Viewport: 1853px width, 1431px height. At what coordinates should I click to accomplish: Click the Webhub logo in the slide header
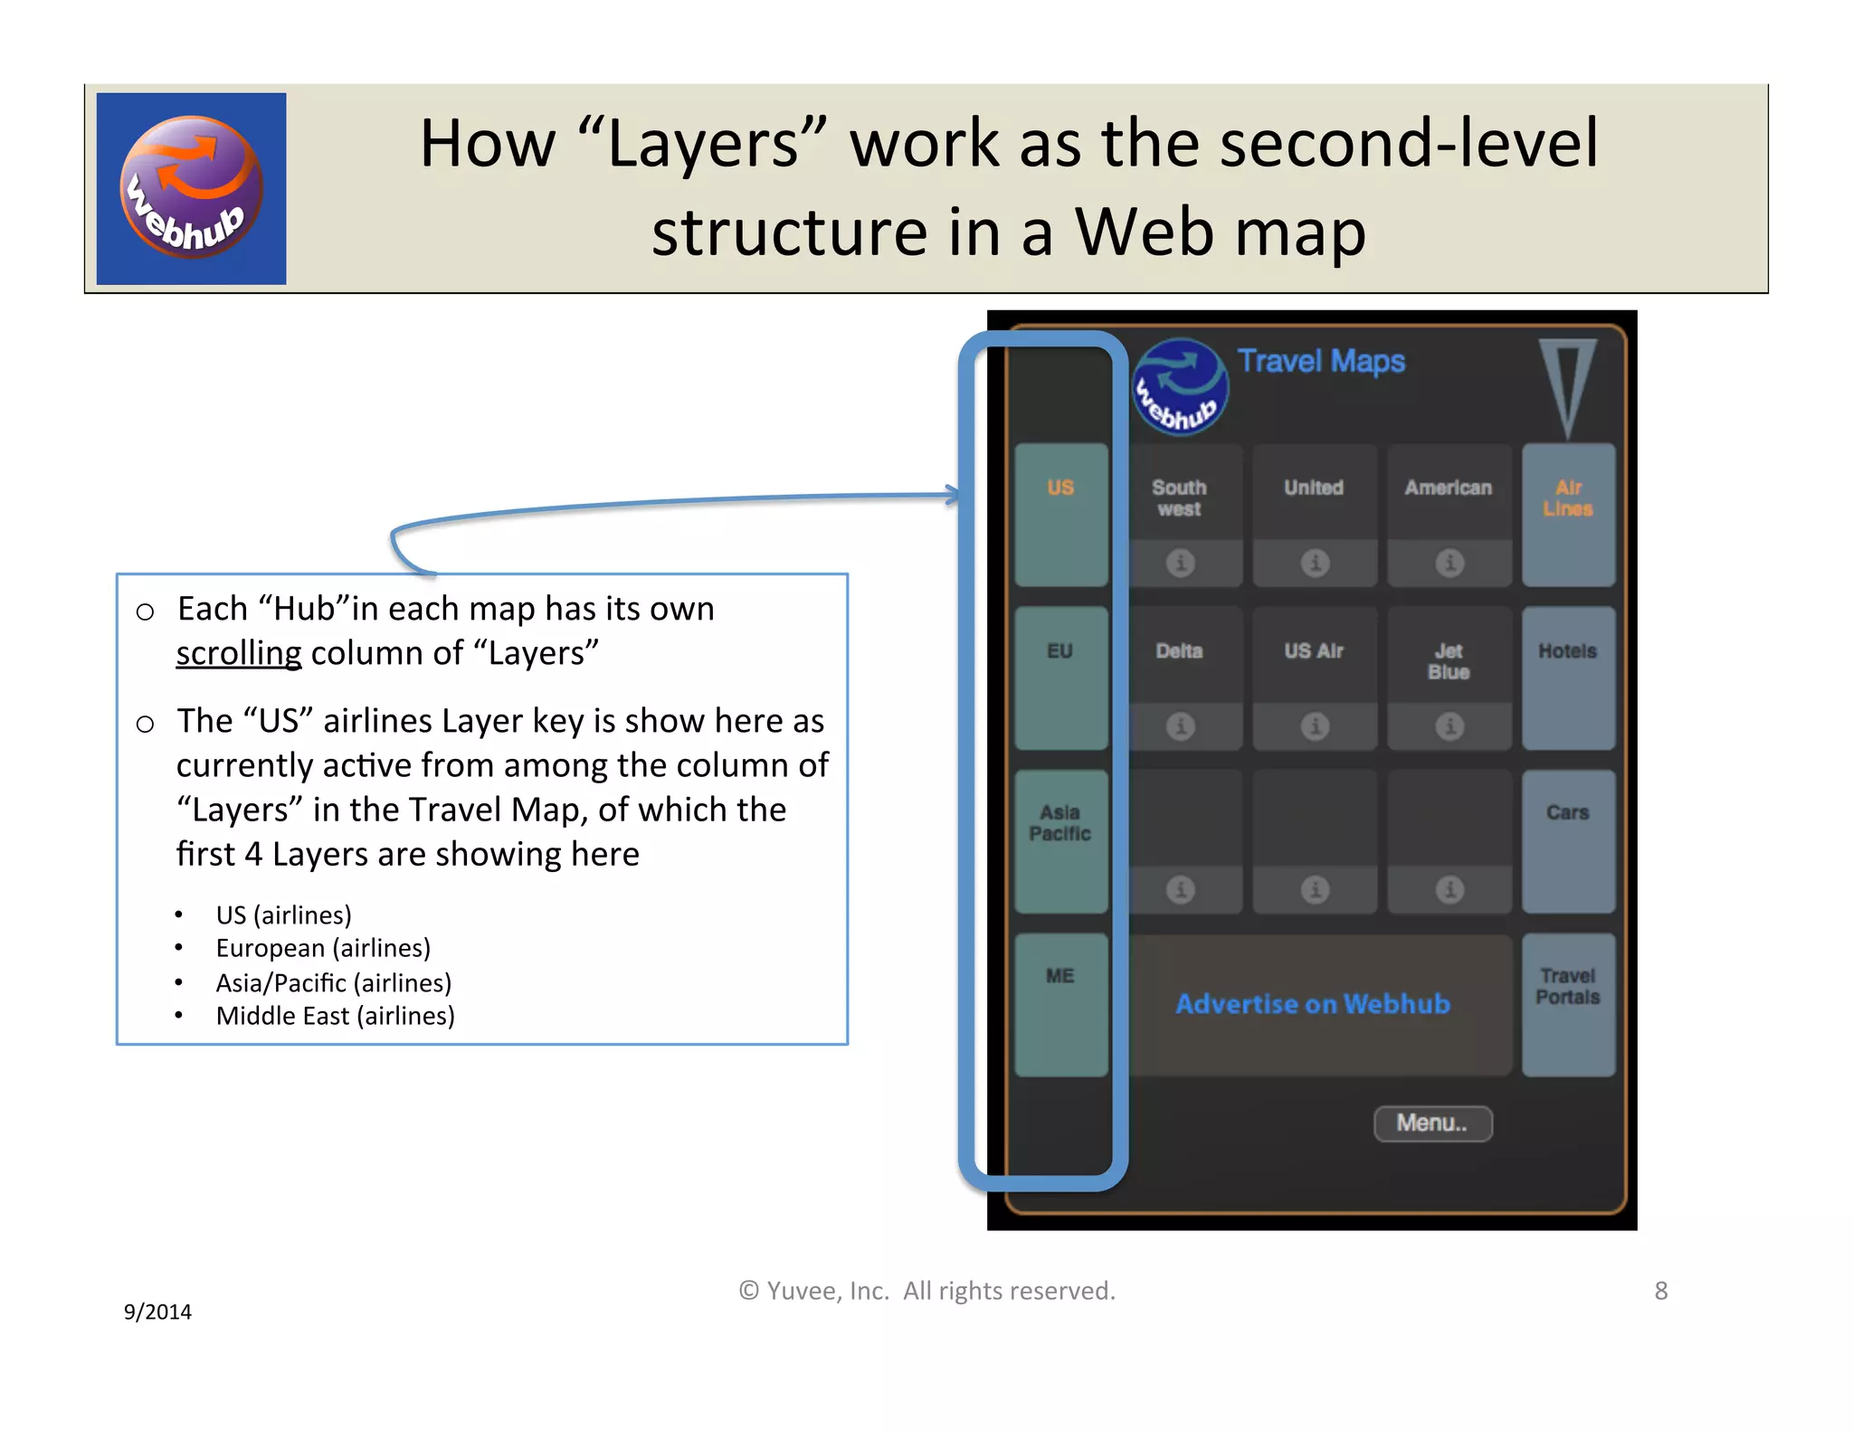[191, 188]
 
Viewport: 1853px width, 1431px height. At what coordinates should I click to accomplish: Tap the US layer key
[1060, 513]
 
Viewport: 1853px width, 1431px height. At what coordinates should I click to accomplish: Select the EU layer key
[1060, 677]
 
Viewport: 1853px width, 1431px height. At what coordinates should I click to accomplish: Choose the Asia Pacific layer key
[1060, 839]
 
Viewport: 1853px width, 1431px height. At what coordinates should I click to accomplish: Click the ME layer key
[1060, 1003]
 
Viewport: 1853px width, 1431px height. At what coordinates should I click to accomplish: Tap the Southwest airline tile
[1179, 498]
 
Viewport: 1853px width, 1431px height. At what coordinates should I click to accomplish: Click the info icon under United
[1315, 563]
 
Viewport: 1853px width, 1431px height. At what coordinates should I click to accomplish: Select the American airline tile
[1449, 493]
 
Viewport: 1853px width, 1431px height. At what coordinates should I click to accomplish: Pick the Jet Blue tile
[1449, 661]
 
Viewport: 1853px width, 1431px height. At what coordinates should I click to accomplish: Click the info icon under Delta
[1180, 726]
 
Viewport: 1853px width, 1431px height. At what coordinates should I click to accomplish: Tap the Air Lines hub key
[1567, 513]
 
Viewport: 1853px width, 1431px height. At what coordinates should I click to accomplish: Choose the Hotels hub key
[1567, 677]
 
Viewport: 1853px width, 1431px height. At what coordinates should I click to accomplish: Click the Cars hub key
[1567, 839]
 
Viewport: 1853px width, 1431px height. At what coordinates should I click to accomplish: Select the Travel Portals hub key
[1567, 1003]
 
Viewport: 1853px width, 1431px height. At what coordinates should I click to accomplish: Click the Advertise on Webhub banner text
[1312, 1004]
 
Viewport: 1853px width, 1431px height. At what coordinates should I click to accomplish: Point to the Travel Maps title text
[1321, 361]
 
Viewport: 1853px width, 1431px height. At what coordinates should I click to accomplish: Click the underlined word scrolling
[239, 653]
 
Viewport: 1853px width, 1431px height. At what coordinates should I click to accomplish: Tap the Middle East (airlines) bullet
[335, 1016]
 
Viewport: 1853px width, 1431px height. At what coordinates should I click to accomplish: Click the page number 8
[1660, 1291]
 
